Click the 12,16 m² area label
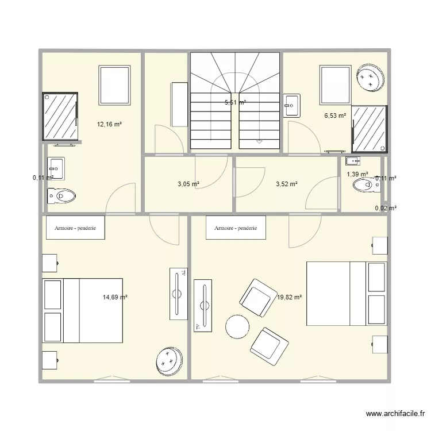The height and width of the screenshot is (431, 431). [109, 124]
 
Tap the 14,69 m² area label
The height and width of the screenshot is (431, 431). [115, 297]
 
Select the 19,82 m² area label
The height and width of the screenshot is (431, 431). [289, 297]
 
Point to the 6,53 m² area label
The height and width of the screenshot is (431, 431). [335, 116]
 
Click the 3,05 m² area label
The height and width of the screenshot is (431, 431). [188, 184]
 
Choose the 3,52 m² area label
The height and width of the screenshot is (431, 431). [286, 184]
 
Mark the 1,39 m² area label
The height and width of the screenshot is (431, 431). [357, 174]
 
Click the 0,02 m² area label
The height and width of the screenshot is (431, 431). [385, 209]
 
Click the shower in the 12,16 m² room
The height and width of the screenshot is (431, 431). [60, 117]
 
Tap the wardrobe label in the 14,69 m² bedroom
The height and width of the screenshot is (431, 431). [75, 228]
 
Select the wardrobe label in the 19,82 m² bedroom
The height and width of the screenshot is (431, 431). [236, 228]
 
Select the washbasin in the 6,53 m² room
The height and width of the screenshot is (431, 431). [291, 105]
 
